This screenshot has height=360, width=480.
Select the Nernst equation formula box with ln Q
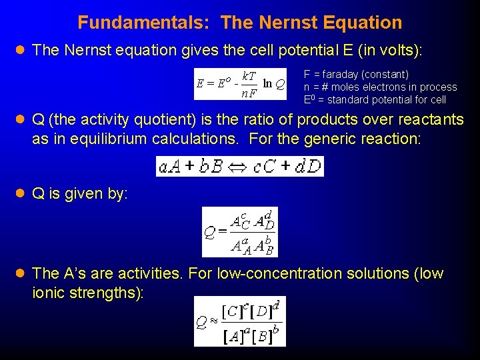point(240,84)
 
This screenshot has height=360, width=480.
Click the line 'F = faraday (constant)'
point(356,75)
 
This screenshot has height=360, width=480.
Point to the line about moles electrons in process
point(380,87)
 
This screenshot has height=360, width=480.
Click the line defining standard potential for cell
point(375,100)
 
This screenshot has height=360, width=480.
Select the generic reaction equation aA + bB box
point(239,166)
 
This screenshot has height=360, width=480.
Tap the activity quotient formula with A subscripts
point(239,232)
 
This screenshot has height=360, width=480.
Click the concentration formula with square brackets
point(239,321)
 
